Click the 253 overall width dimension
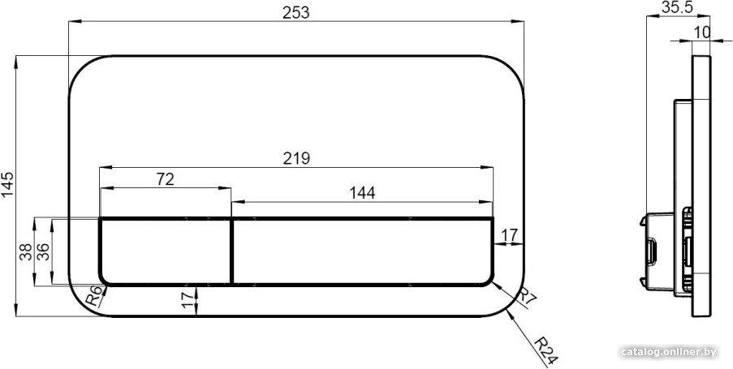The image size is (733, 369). [x=296, y=13]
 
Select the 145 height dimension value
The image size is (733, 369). [x=8, y=186]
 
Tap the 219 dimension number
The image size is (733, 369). [x=296, y=159]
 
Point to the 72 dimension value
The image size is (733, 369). [x=165, y=179]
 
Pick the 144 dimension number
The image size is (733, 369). [x=362, y=193]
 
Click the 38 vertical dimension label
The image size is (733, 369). [x=27, y=251]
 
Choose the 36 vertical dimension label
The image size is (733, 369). [x=43, y=251]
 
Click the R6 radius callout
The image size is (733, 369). [x=94, y=296]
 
